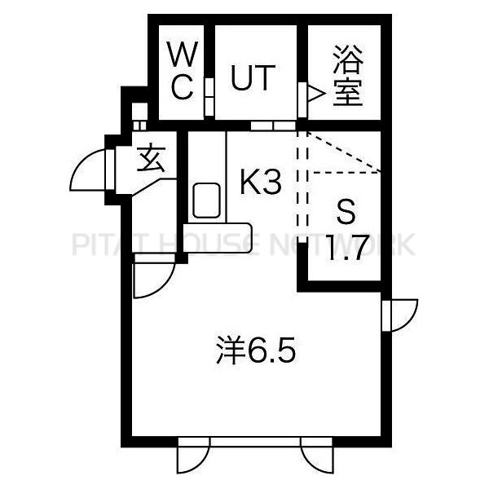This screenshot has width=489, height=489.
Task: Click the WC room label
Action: point(183,71)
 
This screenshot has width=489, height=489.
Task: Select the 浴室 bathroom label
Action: point(348,76)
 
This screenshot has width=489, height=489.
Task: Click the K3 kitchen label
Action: point(261,183)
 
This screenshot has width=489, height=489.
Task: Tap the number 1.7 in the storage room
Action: point(347,248)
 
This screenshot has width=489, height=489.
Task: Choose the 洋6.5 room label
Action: point(256,350)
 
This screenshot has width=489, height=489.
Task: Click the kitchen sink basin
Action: point(206,200)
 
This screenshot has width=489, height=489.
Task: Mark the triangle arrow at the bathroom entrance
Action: point(315,93)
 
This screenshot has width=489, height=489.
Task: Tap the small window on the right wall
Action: point(400,315)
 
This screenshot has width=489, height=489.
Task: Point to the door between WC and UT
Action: point(209,97)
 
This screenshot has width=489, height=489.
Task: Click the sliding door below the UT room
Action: point(273,126)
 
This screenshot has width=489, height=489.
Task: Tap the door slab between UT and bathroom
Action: point(302,99)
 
